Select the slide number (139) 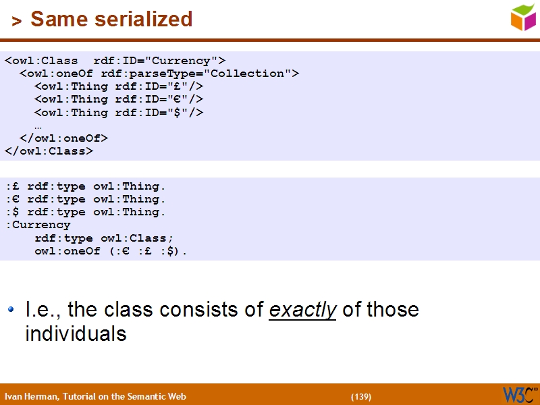(x=360, y=397)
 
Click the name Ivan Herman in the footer (x=31, y=397)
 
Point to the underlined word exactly (x=302, y=310)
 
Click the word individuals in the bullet (x=76, y=333)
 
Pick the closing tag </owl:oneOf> (x=63, y=138)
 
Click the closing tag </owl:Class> (x=49, y=151)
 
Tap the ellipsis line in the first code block (x=38, y=126)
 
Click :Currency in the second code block (x=38, y=225)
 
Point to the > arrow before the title (x=17, y=22)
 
